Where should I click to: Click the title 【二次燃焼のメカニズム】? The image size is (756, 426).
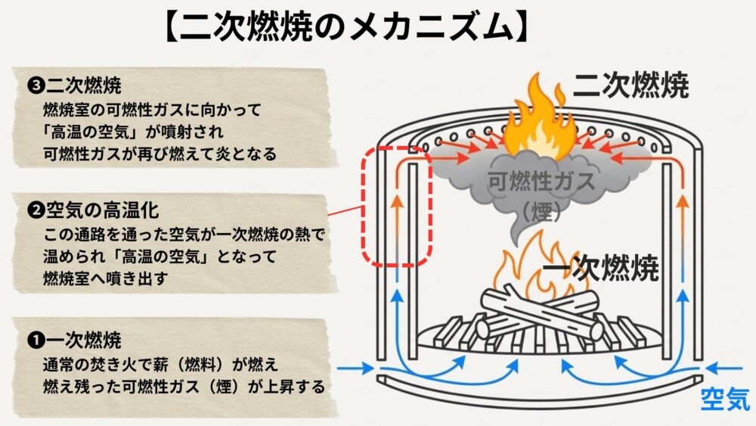click(x=345, y=29)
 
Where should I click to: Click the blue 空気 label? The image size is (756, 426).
click(x=724, y=398)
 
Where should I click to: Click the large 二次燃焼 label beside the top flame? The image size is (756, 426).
click(x=631, y=87)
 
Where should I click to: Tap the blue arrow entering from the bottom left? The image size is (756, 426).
click(x=355, y=369)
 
